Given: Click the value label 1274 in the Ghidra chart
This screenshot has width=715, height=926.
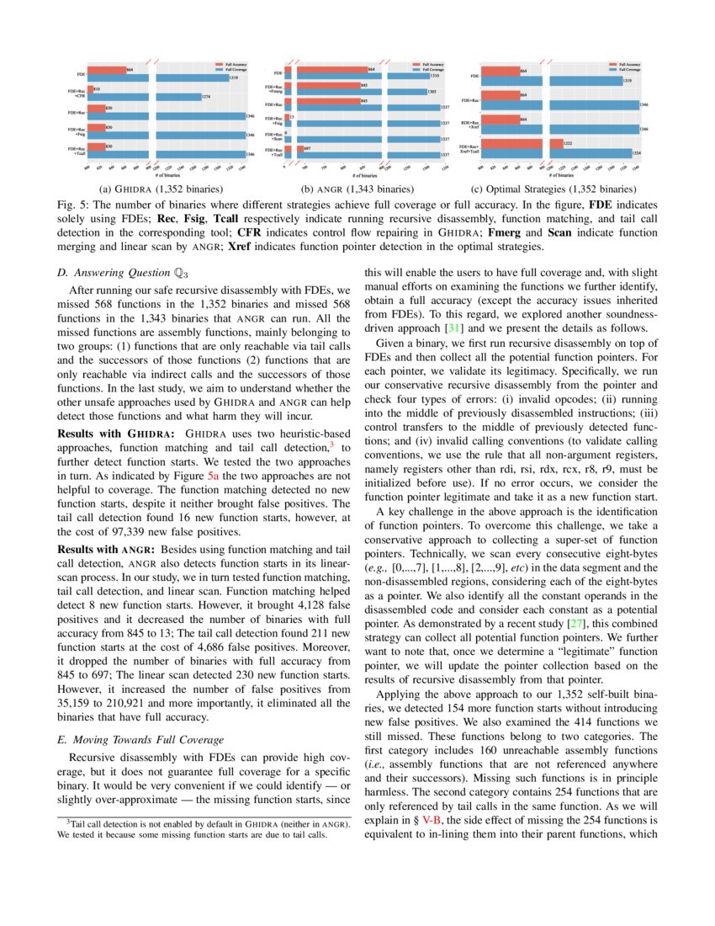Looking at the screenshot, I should point(206,97).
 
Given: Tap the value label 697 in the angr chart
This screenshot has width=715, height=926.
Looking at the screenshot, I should point(309,148).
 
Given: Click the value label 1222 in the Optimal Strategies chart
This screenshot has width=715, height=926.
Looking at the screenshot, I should point(557,143).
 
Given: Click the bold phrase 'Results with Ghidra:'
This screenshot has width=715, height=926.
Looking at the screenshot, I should point(114,433).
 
